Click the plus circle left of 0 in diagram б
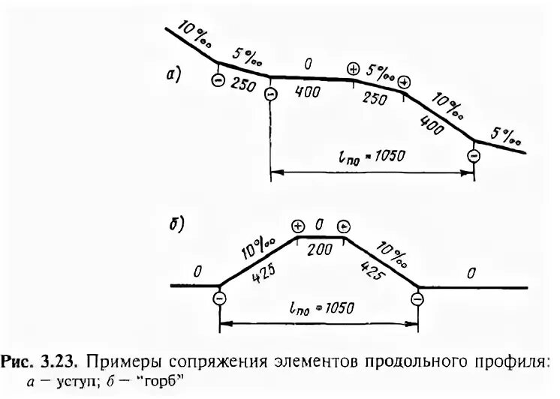(298, 226)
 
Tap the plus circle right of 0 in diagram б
(343, 226)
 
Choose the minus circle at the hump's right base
(417, 299)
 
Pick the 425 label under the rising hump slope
(257, 272)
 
